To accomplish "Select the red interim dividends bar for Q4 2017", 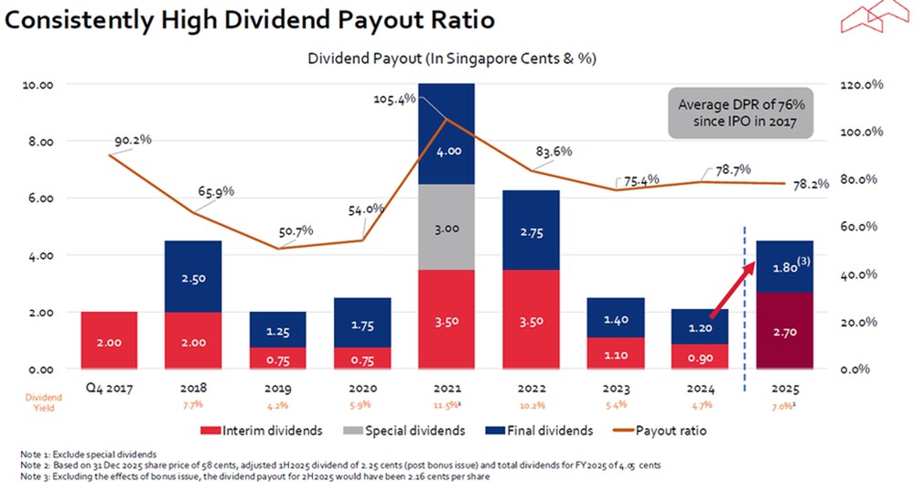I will click(x=109, y=340).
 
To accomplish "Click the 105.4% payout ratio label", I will click(x=394, y=98).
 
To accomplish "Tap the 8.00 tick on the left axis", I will click(x=38, y=142).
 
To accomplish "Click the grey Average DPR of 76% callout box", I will click(x=740, y=113).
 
